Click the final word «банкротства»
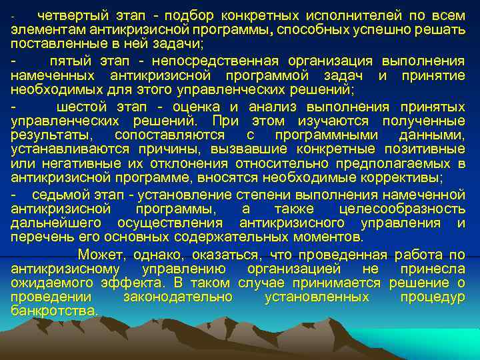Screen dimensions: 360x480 click(x=55, y=311)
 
